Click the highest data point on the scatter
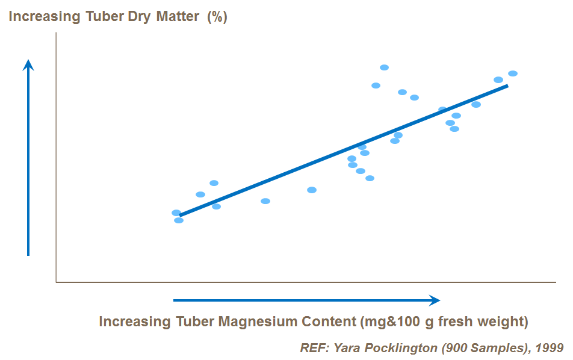click(384, 67)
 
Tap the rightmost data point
click(513, 73)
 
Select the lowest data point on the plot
click(179, 220)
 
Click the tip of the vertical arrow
click(28, 61)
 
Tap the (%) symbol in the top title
click(217, 16)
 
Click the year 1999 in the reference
click(550, 348)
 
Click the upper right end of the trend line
click(507, 85)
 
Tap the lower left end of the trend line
click(181, 215)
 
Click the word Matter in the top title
click(178, 16)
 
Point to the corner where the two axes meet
click(56, 282)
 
